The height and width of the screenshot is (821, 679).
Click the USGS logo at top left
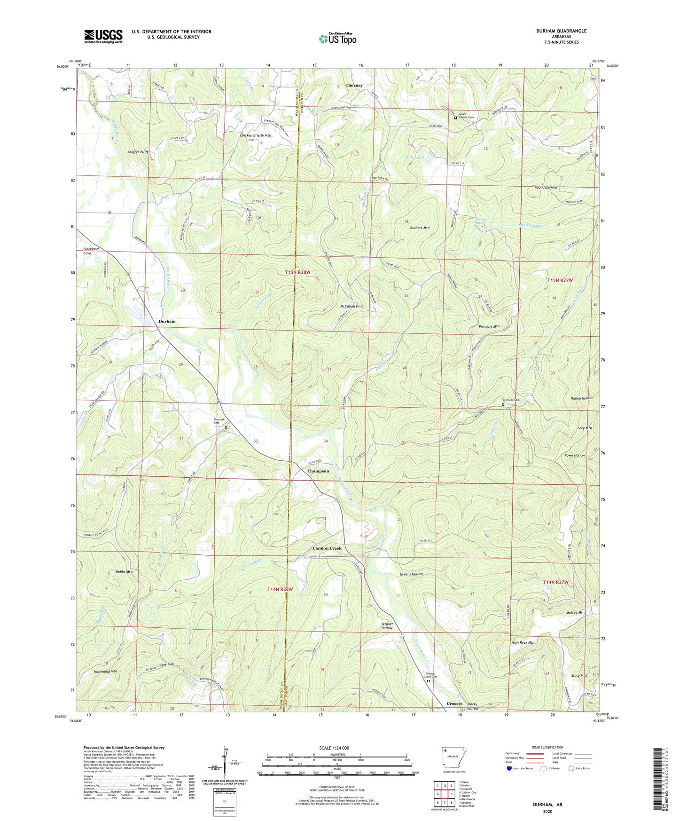(x=103, y=36)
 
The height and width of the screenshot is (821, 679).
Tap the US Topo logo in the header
(x=337, y=39)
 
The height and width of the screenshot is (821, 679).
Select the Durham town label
(x=167, y=322)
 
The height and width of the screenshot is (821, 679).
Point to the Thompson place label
(x=318, y=471)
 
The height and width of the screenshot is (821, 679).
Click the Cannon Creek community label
(x=327, y=548)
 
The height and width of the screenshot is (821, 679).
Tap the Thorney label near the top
(x=354, y=86)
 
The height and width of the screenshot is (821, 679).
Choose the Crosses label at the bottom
(x=454, y=704)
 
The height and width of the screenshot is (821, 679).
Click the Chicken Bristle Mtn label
(x=255, y=135)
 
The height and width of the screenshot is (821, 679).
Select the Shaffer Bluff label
(x=138, y=152)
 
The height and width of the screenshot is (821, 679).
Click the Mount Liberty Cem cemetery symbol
(x=455, y=118)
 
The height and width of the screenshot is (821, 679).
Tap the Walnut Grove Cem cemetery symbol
(x=428, y=680)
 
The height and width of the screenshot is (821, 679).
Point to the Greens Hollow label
(x=411, y=574)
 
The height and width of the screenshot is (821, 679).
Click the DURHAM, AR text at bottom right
(x=547, y=805)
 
